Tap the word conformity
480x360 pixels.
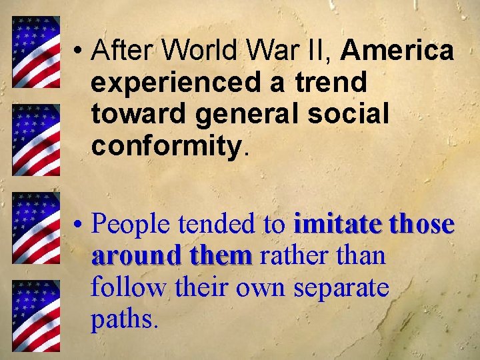point(169,145)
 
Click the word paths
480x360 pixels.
point(125,319)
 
